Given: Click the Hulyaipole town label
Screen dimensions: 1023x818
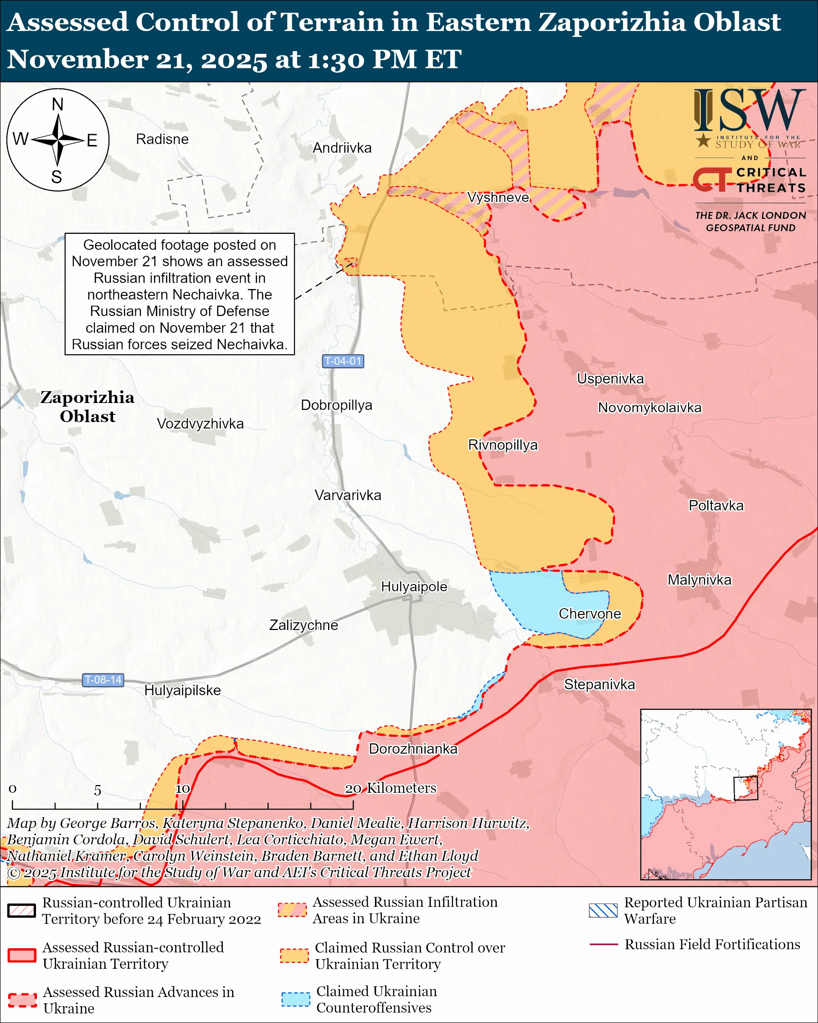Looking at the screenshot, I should [x=414, y=586].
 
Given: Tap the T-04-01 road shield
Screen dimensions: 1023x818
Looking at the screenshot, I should [x=342, y=361].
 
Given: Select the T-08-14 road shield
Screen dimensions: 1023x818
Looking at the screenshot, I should [x=103, y=680].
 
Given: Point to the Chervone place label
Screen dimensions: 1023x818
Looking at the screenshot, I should [x=589, y=614].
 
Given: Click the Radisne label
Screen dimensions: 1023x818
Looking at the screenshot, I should [x=162, y=139].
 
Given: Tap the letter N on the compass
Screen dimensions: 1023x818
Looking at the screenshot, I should [x=57, y=104].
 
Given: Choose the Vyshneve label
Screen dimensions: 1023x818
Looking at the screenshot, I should [x=498, y=197].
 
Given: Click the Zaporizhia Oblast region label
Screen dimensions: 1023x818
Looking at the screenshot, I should [x=87, y=407].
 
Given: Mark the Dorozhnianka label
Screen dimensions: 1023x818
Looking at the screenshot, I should [x=413, y=749].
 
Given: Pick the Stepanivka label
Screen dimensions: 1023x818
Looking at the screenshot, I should [x=599, y=684].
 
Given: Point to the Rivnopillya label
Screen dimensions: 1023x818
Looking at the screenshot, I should [x=503, y=444].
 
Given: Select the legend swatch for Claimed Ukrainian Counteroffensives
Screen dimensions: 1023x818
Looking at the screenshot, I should [x=295, y=999].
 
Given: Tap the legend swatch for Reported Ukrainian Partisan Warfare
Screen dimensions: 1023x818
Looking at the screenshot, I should [x=603, y=910].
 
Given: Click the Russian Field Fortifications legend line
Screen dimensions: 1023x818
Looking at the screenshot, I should [x=603, y=944].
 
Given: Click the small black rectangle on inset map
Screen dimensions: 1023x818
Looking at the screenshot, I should [x=745, y=788].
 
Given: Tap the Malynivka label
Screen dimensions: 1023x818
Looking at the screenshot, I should [x=699, y=580].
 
